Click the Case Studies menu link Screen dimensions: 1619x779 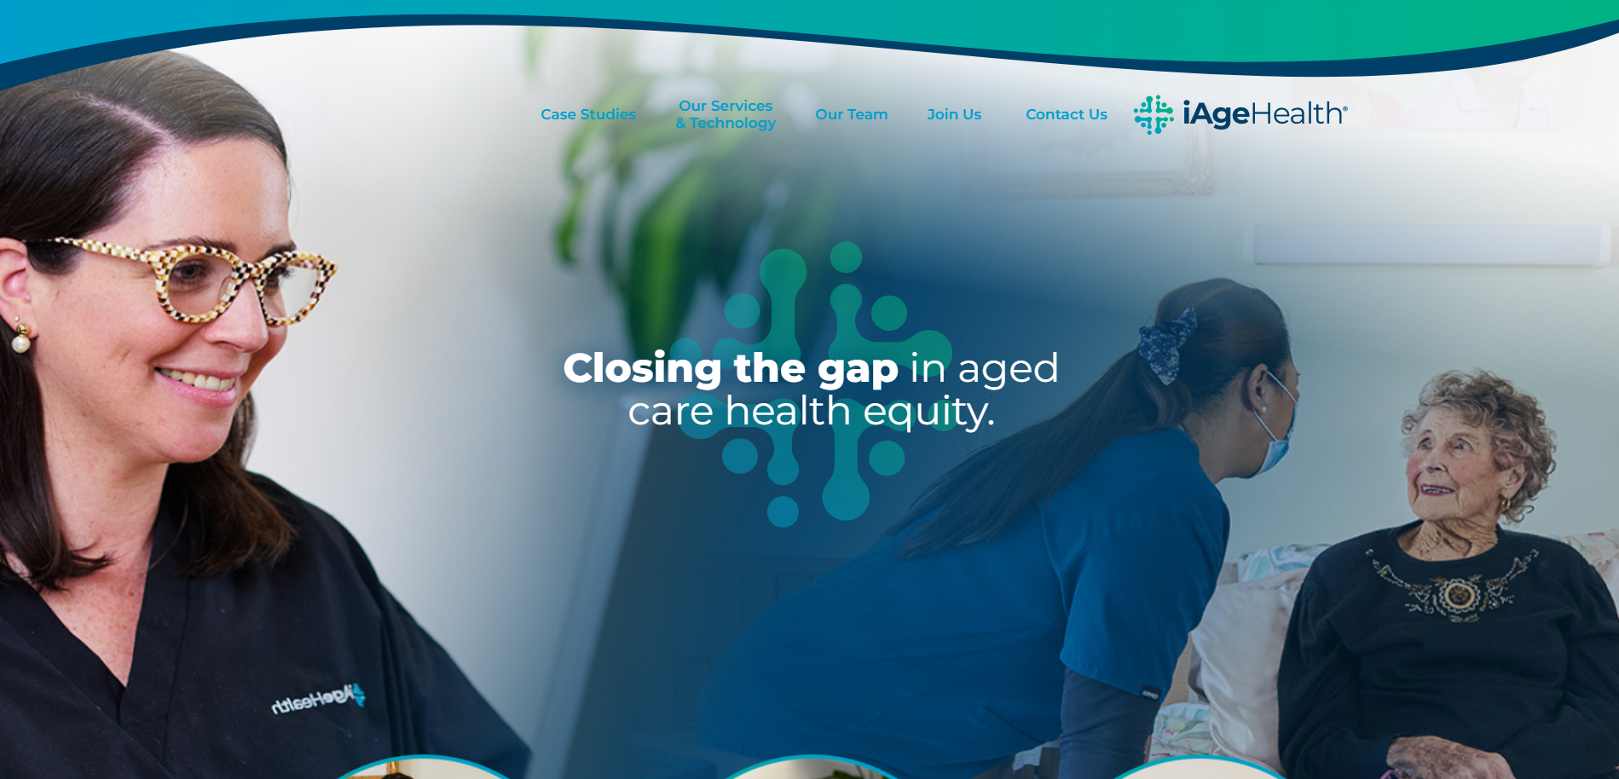click(588, 114)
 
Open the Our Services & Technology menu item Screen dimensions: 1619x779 click(726, 114)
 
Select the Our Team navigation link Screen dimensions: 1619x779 click(852, 114)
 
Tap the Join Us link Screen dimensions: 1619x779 click(954, 114)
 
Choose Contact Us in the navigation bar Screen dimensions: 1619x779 click(1067, 114)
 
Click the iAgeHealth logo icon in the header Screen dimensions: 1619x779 click(1154, 114)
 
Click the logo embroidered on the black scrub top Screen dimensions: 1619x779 click(318, 699)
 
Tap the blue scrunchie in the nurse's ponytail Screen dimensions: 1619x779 click(1169, 344)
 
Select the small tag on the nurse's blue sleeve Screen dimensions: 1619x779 click(1150, 693)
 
